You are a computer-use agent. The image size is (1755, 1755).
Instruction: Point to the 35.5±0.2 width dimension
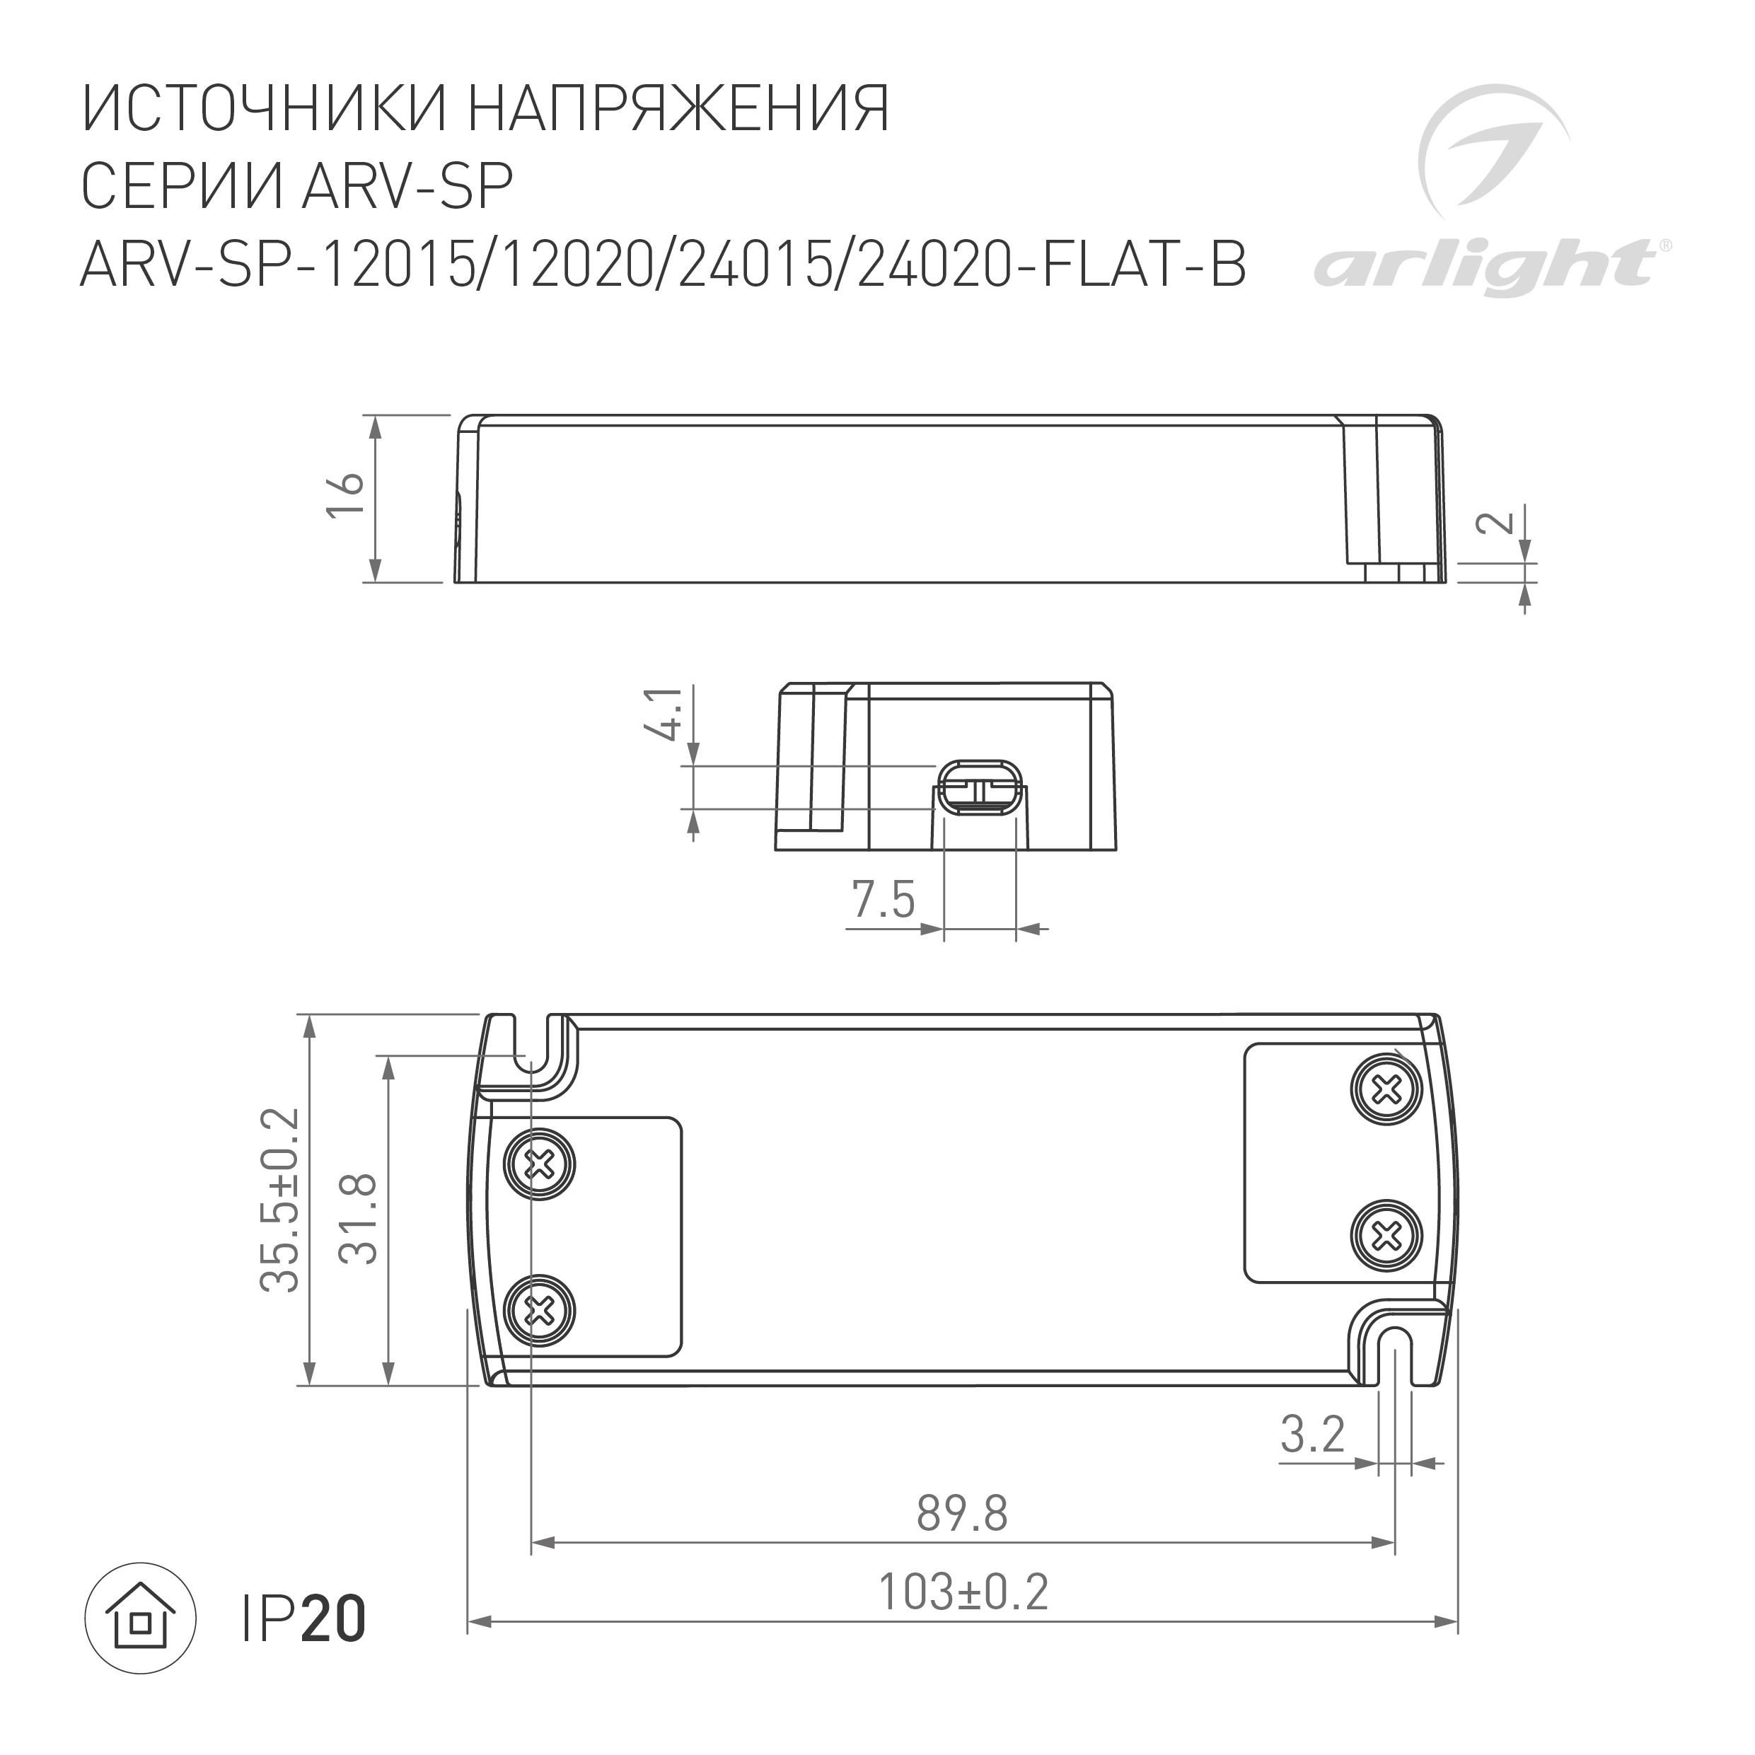(280, 1200)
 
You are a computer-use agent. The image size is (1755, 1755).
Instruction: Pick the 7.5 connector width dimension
(883, 900)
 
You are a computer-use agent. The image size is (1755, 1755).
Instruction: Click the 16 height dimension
(346, 495)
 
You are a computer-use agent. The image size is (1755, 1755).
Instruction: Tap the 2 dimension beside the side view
(1496, 521)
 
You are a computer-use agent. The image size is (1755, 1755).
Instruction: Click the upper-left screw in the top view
(541, 1163)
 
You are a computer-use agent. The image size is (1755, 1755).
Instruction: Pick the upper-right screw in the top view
(1385, 1087)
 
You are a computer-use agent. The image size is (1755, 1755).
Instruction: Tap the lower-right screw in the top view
(1385, 1234)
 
